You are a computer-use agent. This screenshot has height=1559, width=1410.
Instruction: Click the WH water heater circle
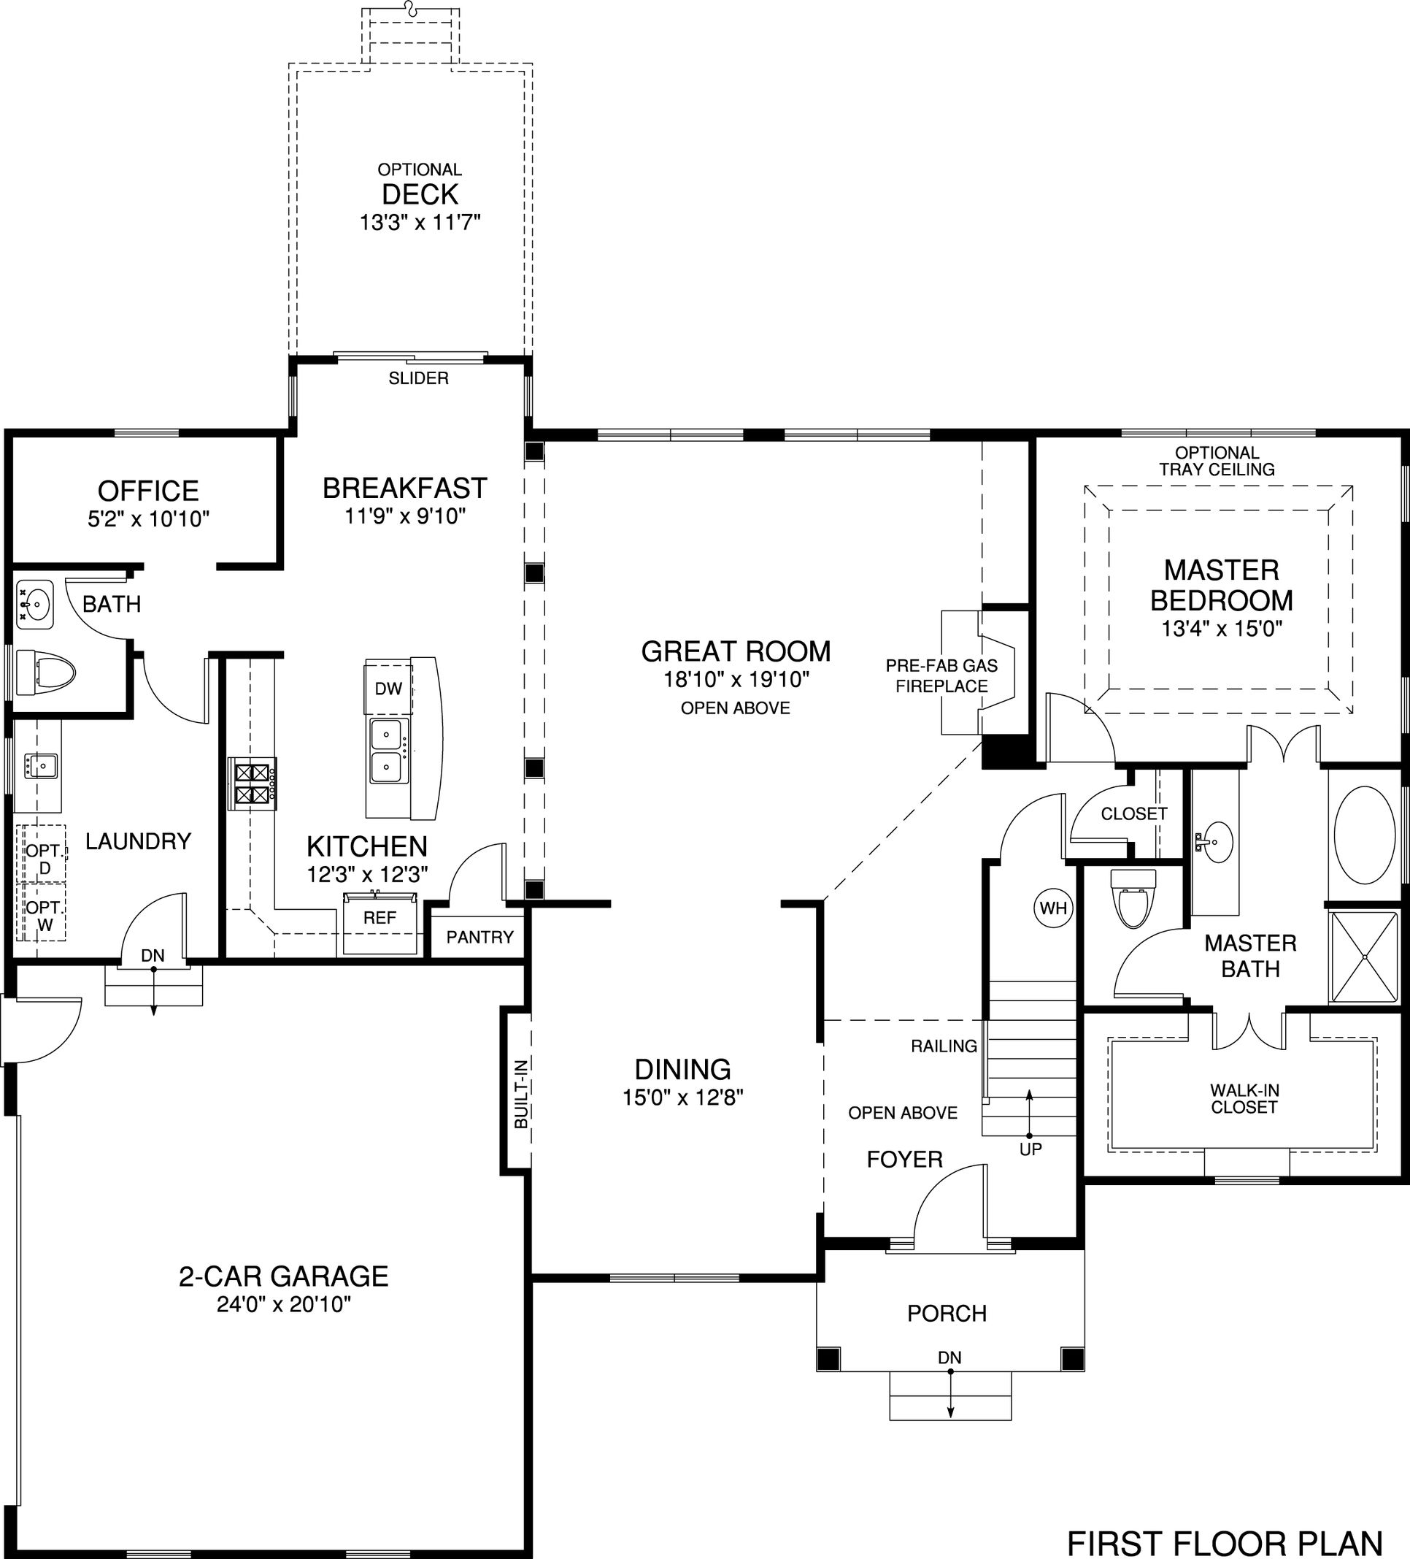[x=1053, y=908]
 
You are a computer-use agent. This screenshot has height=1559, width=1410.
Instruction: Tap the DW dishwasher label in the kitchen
[x=388, y=689]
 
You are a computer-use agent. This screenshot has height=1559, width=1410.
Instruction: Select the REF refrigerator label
[x=380, y=917]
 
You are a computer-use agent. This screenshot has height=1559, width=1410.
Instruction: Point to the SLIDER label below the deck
[x=418, y=378]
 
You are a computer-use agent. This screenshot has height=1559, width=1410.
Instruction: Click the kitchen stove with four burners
[x=253, y=784]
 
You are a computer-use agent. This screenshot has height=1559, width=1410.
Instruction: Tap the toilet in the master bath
[x=1133, y=897]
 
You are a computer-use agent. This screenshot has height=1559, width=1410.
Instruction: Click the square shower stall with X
[x=1365, y=957]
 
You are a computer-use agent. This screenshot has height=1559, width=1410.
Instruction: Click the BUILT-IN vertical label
[x=521, y=1093]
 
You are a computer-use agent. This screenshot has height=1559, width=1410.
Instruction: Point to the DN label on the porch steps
[x=950, y=1357]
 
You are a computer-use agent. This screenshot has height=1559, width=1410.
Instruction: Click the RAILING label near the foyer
[x=944, y=1046]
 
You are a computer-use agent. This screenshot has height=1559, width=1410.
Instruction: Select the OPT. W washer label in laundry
[x=45, y=916]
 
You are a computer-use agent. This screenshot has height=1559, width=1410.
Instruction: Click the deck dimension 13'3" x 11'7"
[x=420, y=223]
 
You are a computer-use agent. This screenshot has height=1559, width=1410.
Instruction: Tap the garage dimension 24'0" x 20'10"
[x=284, y=1305]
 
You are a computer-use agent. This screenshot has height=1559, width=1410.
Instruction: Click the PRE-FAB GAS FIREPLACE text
[x=941, y=676]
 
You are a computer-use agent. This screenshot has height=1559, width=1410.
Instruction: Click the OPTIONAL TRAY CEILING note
[x=1217, y=461]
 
